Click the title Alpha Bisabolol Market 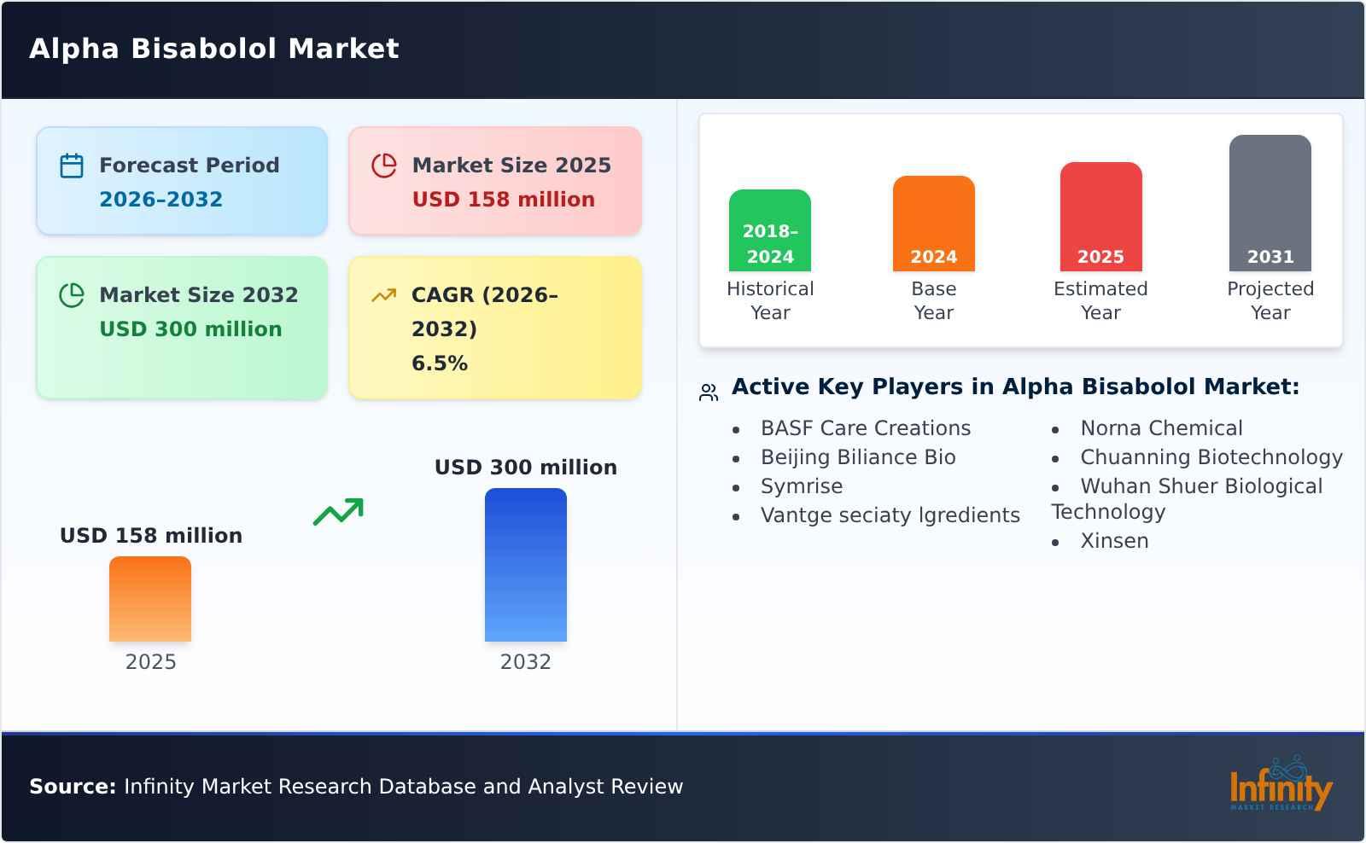(213, 49)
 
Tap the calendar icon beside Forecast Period (72, 166)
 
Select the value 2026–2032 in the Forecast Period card (161, 200)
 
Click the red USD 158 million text (503, 200)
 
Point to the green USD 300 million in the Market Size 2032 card (190, 329)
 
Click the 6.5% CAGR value (439, 363)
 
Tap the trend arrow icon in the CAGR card (383, 295)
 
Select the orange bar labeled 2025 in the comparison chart (150, 599)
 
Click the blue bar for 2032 (525, 565)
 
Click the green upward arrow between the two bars (338, 512)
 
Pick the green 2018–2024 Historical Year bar (769, 230)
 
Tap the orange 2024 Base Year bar (933, 224)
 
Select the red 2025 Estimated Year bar (1100, 217)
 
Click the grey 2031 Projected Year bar (1270, 203)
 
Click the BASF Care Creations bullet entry (865, 428)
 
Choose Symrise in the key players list (801, 486)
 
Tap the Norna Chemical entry (1161, 428)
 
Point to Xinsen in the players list (1114, 541)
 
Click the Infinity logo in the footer (1280, 786)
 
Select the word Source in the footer (72, 787)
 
